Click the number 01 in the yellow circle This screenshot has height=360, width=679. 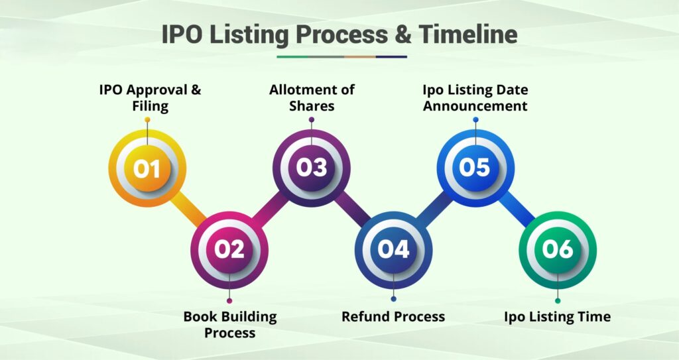pyautogui.click(x=147, y=168)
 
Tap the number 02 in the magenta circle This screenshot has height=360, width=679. pyautogui.click(x=229, y=249)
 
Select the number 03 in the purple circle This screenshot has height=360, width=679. pyautogui.click(x=312, y=168)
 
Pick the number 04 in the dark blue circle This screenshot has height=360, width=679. pyautogui.click(x=394, y=249)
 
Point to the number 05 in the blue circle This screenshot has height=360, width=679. pyautogui.click(x=475, y=167)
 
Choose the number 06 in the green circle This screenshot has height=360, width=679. pyautogui.click(x=558, y=249)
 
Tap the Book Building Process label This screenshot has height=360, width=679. pyautogui.click(x=229, y=324)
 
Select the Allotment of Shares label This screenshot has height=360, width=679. pyautogui.click(x=312, y=97)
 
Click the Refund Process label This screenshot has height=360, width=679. pyautogui.click(x=393, y=316)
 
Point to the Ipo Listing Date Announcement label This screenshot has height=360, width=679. pyautogui.click(x=475, y=97)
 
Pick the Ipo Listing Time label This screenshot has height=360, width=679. pyautogui.click(x=557, y=316)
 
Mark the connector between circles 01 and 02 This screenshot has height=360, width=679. pyautogui.click(x=189, y=210)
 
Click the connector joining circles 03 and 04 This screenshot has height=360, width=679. pyautogui.click(x=353, y=210)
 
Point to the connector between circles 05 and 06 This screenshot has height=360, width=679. pyautogui.click(x=517, y=210)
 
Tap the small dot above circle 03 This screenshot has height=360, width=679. pyautogui.click(x=312, y=120)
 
